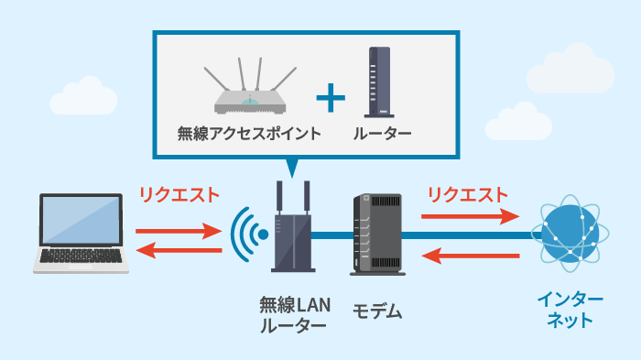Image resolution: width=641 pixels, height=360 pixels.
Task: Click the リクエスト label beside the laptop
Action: (179, 194)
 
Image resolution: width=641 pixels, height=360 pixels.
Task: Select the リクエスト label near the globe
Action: (467, 194)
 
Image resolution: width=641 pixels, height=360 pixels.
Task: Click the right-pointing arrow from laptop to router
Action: (179, 231)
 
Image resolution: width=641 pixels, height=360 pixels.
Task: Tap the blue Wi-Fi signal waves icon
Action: (246, 235)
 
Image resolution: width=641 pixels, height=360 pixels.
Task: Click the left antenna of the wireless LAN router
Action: (280, 197)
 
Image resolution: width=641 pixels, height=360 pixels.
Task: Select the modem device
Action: (376, 235)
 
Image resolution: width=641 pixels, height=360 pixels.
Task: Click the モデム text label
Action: (377, 311)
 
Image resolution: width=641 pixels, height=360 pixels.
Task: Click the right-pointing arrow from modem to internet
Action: (467, 217)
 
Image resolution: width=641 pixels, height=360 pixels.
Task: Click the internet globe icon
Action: (572, 231)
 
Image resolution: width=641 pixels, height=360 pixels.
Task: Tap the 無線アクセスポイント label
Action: (249, 134)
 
